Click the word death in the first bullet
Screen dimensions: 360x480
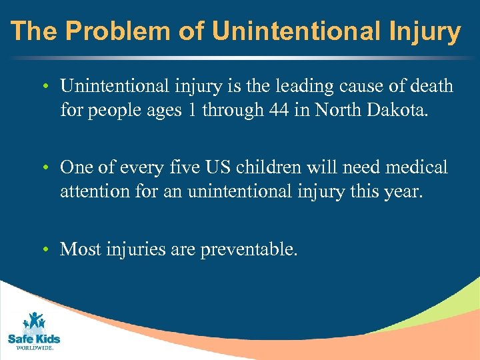click(430, 86)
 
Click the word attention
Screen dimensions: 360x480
click(96, 191)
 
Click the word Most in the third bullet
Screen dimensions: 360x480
click(77, 249)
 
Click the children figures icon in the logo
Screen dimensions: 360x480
click(33, 321)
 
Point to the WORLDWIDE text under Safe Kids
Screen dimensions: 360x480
click(34, 347)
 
